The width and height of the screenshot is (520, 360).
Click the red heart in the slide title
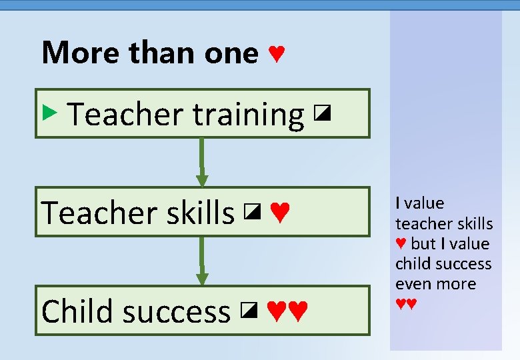tap(276, 53)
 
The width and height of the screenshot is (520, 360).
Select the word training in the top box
tap(248, 115)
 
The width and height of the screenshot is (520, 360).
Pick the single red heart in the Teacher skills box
tap(280, 213)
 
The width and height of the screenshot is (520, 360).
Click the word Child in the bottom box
tap(79, 311)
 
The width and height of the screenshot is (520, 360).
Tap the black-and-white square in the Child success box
tap(249, 309)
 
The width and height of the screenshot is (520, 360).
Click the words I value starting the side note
tap(419, 203)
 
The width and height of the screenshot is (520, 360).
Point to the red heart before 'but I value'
tap(401, 244)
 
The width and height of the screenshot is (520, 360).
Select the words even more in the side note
tap(436, 284)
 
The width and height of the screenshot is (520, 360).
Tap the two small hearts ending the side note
tap(406, 304)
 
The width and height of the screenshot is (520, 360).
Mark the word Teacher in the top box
tap(126, 115)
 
